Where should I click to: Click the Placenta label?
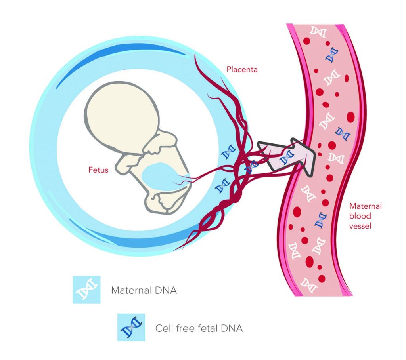point(242,70)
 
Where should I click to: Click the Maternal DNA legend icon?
point(86,290)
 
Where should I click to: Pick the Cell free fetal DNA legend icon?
point(131,327)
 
